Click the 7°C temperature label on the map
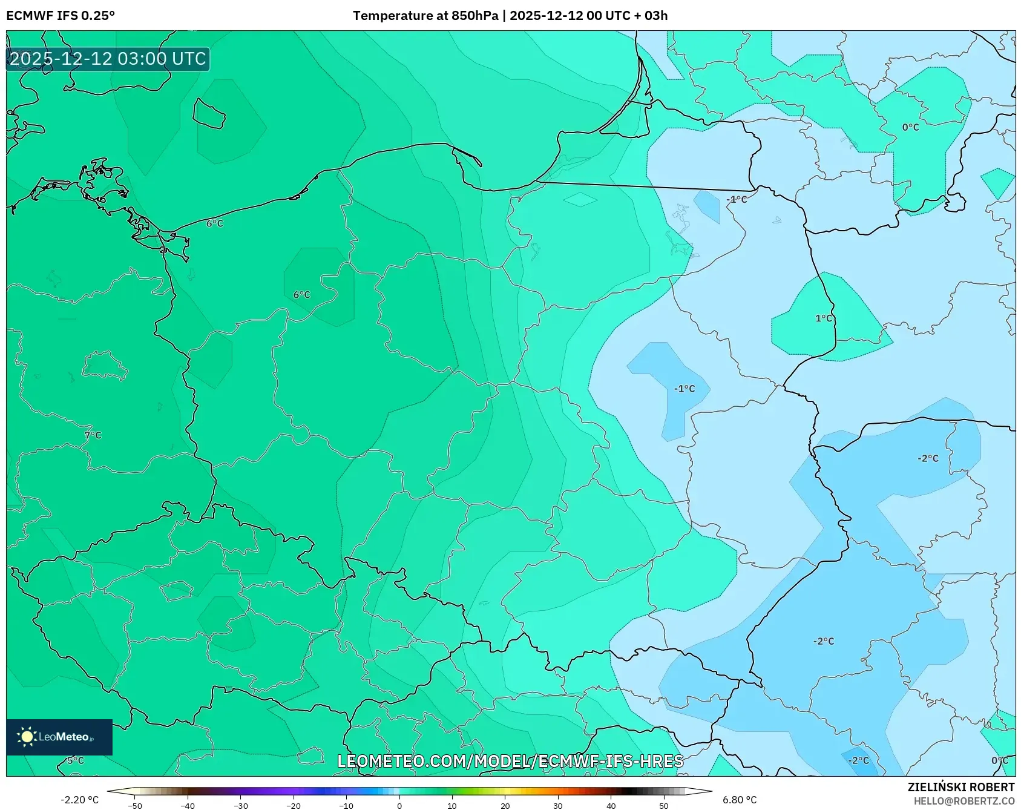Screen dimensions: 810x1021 click(93, 435)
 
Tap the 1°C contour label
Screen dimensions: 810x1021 click(824, 318)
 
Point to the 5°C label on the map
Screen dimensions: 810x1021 click(76, 760)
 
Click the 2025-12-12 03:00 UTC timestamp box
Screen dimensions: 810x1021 click(108, 59)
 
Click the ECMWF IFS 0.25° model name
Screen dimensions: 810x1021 click(61, 16)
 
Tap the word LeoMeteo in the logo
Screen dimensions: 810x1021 click(64, 737)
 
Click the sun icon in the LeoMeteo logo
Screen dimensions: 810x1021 click(27, 737)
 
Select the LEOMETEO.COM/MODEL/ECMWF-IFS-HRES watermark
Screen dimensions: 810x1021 click(510, 761)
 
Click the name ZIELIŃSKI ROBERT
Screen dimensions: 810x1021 click(961, 787)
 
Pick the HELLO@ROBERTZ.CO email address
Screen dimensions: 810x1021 click(964, 801)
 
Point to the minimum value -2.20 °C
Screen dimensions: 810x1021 click(79, 800)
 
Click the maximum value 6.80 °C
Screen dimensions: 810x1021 click(740, 800)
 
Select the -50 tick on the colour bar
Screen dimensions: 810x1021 click(135, 806)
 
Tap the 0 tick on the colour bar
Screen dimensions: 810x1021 click(399, 806)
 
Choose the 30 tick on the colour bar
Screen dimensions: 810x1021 click(558, 806)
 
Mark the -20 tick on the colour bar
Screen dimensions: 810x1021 click(294, 806)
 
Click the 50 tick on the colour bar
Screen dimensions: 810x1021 click(664, 806)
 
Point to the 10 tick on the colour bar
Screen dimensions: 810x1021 click(452, 806)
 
